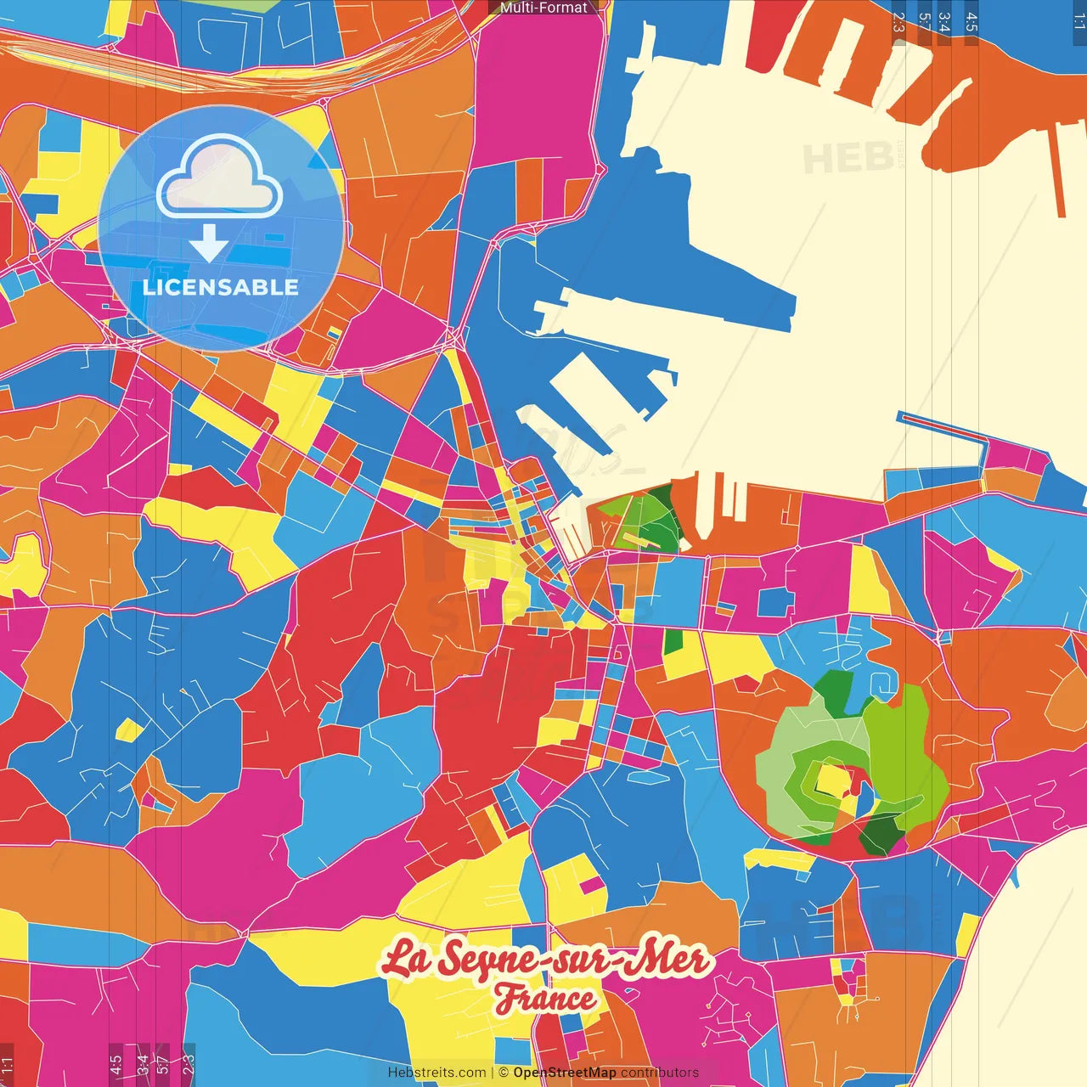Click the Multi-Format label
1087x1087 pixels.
pos(543,8)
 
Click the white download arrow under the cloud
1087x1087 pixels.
pos(209,243)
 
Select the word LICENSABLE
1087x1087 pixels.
pos(221,287)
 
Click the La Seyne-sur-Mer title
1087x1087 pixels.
pos(543,960)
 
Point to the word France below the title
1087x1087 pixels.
pos(545,999)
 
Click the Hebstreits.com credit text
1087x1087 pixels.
pos(436,1073)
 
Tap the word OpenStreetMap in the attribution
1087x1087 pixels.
pos(565,1073)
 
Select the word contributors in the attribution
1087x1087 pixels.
pos(660,1073)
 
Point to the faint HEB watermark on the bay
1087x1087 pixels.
pos(847,158)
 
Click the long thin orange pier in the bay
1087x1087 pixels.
pos(1058,170)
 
